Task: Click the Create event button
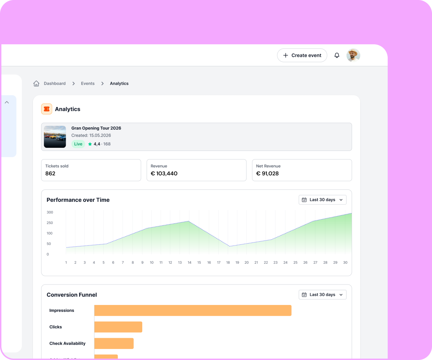click(302, 55)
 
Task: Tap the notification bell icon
click(337, 55)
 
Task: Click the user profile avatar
click(353, 55)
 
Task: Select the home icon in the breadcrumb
click(36, 83)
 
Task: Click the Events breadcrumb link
click(88, 83)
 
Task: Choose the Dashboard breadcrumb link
click(55, 83)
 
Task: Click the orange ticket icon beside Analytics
click(47, 109)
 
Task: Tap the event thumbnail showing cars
click(55, 137)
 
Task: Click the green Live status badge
click(78, 144)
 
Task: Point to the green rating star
click(90, 144)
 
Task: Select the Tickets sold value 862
click(50, 173)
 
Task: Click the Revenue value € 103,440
click(164, 173)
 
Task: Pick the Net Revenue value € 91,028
click(267, 173)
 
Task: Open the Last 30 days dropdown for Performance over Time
click(322, 200)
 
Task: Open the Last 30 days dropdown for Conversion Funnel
click(322, 295)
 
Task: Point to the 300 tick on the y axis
click(50, 212)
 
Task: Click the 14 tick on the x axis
click(189, 262)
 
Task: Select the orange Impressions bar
click(192, 310)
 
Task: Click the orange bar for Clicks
click(118, 327)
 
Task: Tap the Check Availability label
click(67, 343)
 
